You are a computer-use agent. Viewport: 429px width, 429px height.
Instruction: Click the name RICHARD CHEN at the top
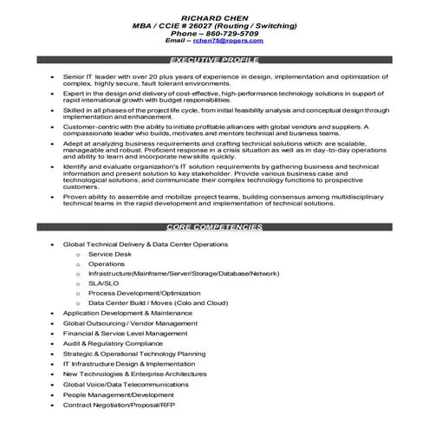(214, 17)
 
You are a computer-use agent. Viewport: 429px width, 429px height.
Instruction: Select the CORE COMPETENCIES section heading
(214, 226)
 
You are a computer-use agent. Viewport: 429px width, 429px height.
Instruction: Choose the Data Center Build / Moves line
(158, 302)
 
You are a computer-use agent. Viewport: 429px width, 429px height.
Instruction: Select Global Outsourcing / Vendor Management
(124, 323)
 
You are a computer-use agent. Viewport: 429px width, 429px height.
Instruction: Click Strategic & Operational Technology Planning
(134, 354)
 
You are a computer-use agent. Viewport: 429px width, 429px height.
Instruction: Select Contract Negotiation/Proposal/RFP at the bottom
(120, 405)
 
